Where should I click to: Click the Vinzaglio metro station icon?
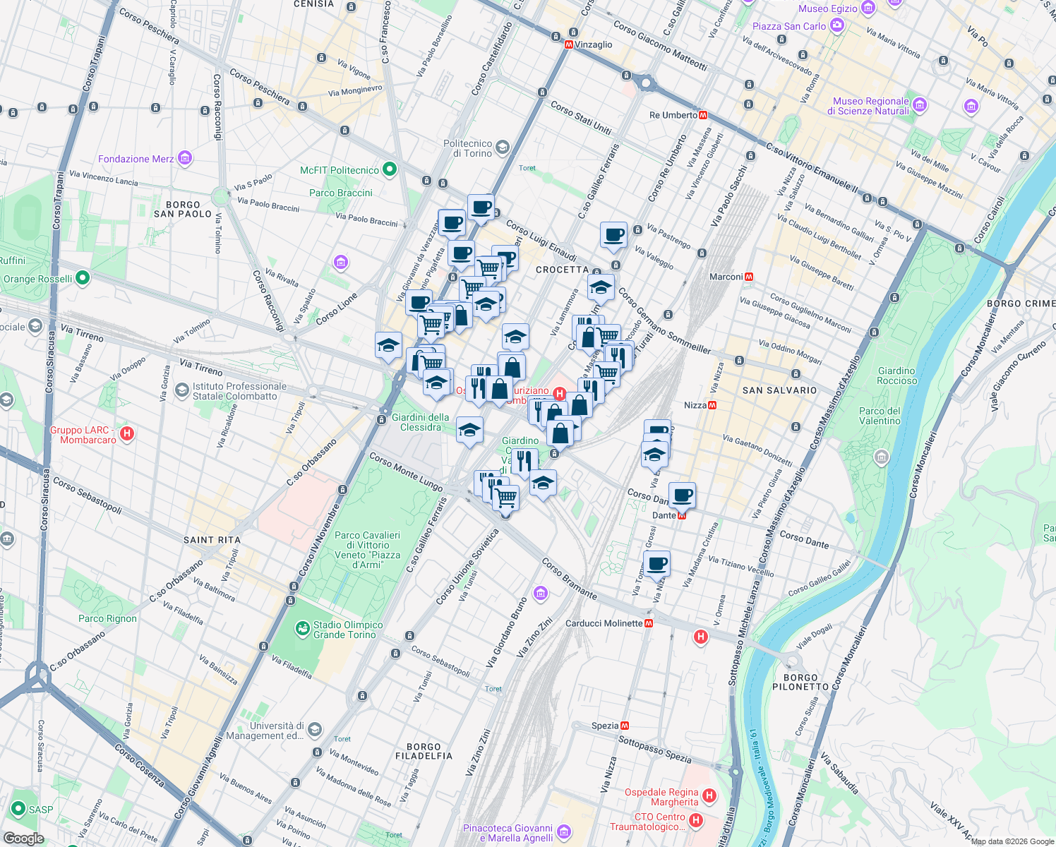click(568, 44)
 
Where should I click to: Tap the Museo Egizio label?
click(827, 8)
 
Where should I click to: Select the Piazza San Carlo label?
click(788, 26)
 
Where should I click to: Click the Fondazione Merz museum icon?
click(185, 158)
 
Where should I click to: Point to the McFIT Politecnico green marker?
click(389, 169)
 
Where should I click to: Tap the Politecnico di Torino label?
click(467, 148)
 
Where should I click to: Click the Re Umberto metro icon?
click(703, 115)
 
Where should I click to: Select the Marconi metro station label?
click(726, 277)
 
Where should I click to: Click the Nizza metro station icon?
click(712, 405)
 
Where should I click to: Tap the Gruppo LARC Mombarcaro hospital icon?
click(127, 433)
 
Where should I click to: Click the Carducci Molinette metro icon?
click(649, 623)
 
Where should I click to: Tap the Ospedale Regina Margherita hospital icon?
click(709, 796)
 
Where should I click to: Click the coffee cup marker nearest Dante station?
click(682, 495)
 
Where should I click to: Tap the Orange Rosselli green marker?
click(83, 278)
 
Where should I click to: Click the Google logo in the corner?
click(23, 839)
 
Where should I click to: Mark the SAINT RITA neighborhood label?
click(212, 540)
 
